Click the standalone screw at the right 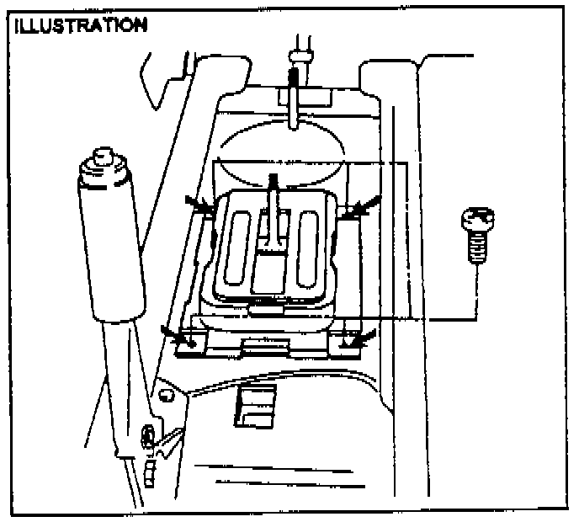pyautogui.click(x=475, y=238)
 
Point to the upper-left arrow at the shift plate pyautogui.click(x=200, y=205)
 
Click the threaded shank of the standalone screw pyautogui.click(x=476, y=249)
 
